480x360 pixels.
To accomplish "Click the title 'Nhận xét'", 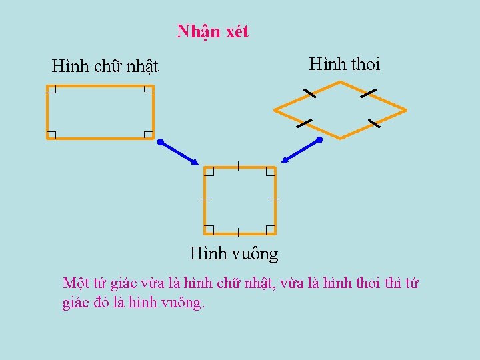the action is (213, 31).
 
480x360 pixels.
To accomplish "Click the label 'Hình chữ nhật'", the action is (105, 67).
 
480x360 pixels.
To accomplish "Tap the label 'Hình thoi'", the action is (344, 64).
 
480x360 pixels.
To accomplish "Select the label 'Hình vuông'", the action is (234, 253).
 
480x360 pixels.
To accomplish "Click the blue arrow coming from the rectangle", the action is (179, 153).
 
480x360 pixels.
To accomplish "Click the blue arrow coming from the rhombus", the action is (301, 151).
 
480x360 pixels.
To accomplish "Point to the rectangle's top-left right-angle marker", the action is (51, 89).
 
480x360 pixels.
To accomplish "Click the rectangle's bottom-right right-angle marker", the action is (149, 134).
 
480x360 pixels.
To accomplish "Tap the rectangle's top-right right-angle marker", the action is (149, 89).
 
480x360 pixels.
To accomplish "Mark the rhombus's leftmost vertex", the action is (275, 109).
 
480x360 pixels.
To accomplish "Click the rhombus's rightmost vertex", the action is (405, 109).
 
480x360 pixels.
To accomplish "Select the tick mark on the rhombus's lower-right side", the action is (373, 123).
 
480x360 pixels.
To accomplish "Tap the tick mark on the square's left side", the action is (205, 199).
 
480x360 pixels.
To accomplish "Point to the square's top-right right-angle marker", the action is (270, 171).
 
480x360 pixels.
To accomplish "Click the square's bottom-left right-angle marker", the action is (209, 229).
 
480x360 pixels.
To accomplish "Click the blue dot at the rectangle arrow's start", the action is (161, 142).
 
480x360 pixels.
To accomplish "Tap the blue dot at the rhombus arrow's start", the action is (319, 141).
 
